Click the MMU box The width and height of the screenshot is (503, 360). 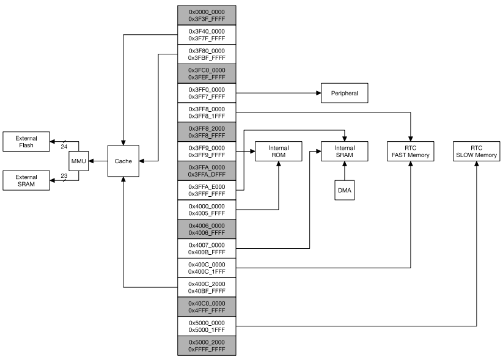pos(78,161)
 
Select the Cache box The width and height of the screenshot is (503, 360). pos(123,161)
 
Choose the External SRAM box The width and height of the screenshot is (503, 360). pos(26,181)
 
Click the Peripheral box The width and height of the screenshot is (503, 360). pos(344,94)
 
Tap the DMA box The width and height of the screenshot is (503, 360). pos(345,191)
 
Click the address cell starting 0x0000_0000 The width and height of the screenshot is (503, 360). pos(207,15)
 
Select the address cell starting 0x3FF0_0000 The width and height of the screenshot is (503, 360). pos(207,94)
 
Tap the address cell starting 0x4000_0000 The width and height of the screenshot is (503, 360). pos(207,210)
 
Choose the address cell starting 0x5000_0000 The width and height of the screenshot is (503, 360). pos(207,326)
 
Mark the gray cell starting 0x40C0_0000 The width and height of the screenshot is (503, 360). pos(207,307)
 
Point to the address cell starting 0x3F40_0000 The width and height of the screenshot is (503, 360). pos(207,34)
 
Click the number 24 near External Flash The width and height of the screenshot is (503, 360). pos(64,147)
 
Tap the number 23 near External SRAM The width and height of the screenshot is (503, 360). pos(64,177)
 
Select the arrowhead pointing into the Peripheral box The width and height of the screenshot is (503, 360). pos(318,94)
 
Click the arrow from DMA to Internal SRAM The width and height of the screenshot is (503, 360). pos(345,173)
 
